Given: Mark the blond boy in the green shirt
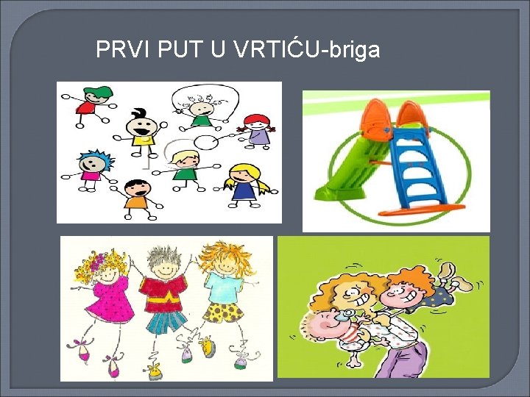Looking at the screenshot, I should click(186, 165).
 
